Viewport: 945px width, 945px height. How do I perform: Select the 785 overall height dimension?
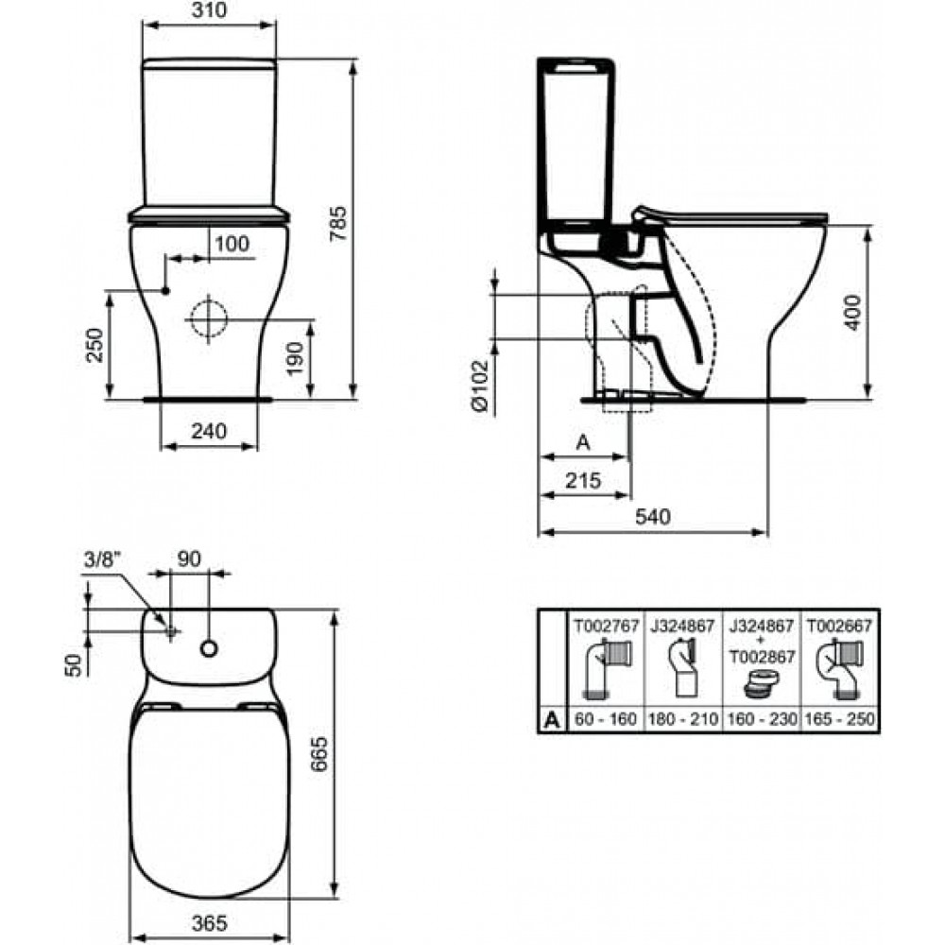[339, 224]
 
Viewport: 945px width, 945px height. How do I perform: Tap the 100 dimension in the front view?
[232, 244]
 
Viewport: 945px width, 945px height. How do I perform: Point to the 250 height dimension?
[94, 345]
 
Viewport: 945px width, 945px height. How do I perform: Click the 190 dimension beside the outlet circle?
[295, 358]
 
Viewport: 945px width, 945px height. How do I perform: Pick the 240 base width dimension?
[209, 431]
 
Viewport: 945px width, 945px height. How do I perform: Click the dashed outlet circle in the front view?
[209, 318]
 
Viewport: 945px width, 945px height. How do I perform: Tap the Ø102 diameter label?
[480, 387]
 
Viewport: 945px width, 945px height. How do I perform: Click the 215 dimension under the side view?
[583, 480]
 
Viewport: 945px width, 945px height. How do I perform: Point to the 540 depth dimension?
[653, 517]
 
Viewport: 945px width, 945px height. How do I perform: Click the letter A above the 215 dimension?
[583, 442]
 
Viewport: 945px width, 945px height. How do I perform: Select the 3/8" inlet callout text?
[102, 559]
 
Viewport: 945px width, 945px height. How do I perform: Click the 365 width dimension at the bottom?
[210, 922]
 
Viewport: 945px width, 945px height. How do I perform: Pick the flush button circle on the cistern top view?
[209, 648]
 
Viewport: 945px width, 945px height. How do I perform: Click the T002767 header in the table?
[605, 627]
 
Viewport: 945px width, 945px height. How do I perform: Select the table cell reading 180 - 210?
[683, 719]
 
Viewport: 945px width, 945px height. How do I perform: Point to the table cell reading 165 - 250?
[839, 719]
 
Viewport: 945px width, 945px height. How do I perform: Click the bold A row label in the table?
[552, 719]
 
